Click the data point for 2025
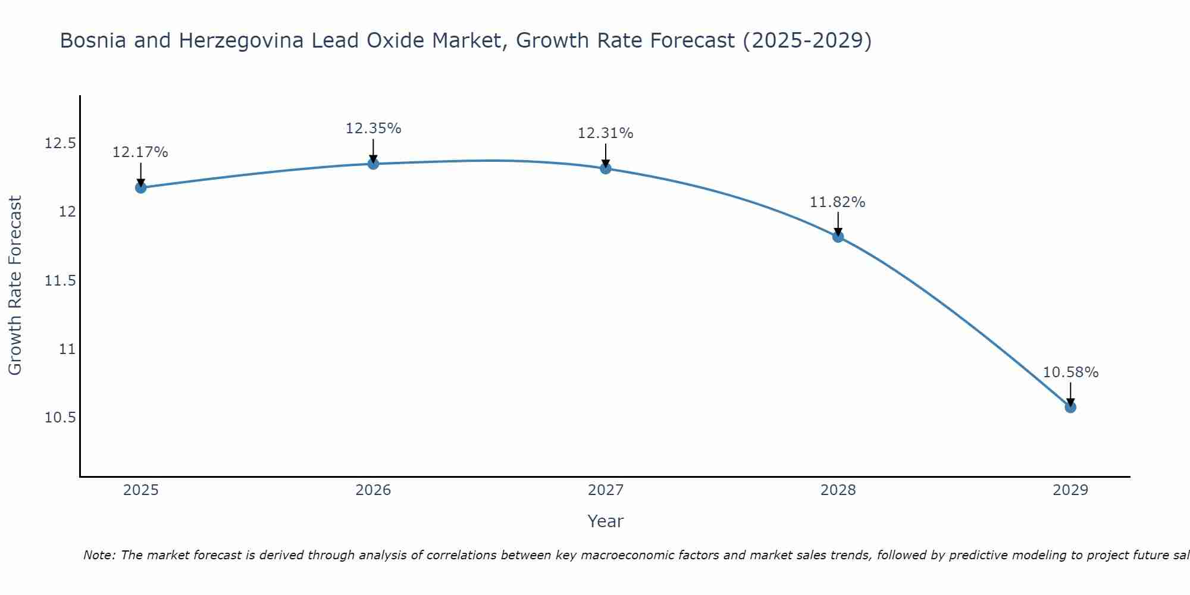(x=141, y=187)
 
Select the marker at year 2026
(x=373, y=164)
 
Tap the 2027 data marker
(x=606, y=168)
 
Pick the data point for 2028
(x=838, y=237)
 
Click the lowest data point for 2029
(x=1070, y=407)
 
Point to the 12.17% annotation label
(x=140, y=152)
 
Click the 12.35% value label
(x=373, y=129)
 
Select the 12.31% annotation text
(x=606, y=133)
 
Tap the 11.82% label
(x=837, y=202)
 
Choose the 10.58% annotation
(x=1070, y=372)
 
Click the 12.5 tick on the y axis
(x=61, y=143)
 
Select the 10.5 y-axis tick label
(x=61, y=418)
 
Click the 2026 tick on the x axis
(x=373, y=490)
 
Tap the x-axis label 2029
(x=1070, y=490)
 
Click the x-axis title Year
(x=605, y=521)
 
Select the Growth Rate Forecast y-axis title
(x=15, y=286)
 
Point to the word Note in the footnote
(x=99, y=555)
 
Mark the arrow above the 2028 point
(x=838, y=224)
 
